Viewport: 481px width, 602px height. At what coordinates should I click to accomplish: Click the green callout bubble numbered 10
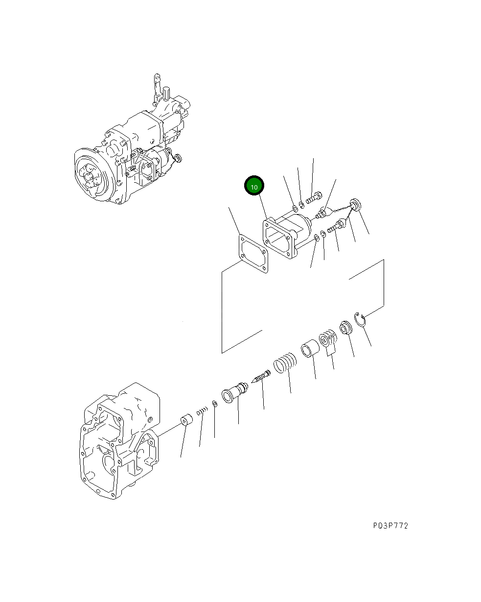254,187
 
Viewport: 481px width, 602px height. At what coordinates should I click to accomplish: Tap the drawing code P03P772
390,526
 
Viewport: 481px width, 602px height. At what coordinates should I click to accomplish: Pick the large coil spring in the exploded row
285,363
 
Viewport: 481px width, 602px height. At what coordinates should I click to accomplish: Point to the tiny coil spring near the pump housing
201,412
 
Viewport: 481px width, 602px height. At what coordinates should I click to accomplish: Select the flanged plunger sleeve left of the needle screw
235,392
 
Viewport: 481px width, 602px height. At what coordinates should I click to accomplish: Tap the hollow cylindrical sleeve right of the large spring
310,349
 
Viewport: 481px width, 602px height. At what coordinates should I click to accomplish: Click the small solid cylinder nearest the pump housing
185,421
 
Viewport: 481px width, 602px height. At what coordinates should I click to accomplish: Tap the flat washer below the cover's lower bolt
317,238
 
